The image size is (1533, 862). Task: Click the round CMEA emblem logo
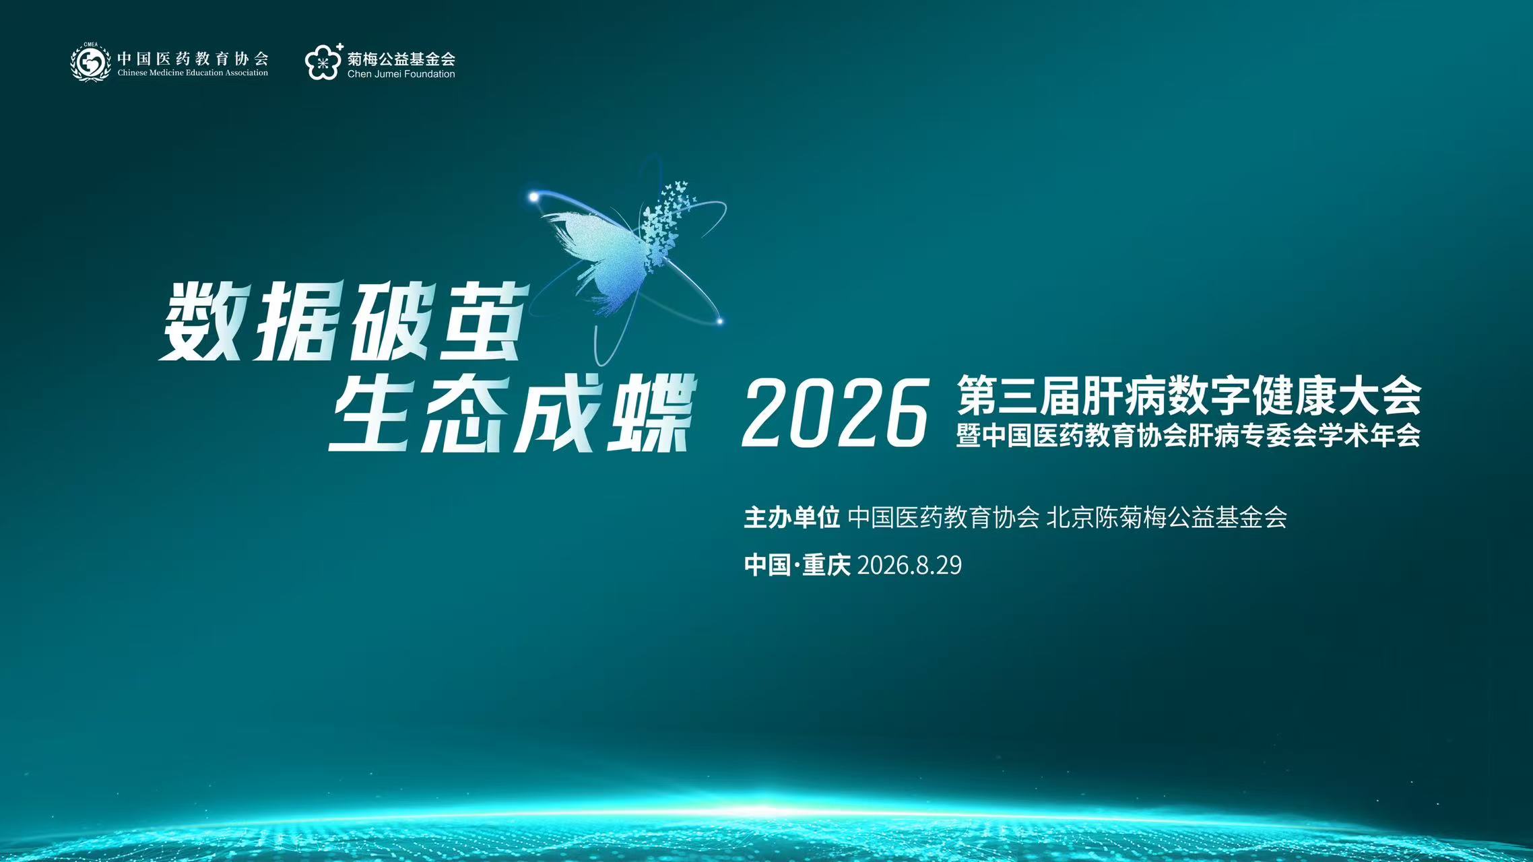[91, 62]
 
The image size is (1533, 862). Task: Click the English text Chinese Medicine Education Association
[193, 73]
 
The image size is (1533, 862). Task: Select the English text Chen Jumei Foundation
[401, 74]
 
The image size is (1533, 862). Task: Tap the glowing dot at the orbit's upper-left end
[533, 197]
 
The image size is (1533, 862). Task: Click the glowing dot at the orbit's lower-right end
[719, 321]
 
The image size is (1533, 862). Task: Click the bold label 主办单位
[791, 517]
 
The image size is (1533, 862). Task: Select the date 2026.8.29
[909, 565]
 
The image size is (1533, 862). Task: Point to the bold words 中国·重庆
[797, 565]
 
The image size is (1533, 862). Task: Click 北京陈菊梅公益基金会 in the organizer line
[1167, 517]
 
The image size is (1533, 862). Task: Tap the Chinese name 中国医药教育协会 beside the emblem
[193, 59]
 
